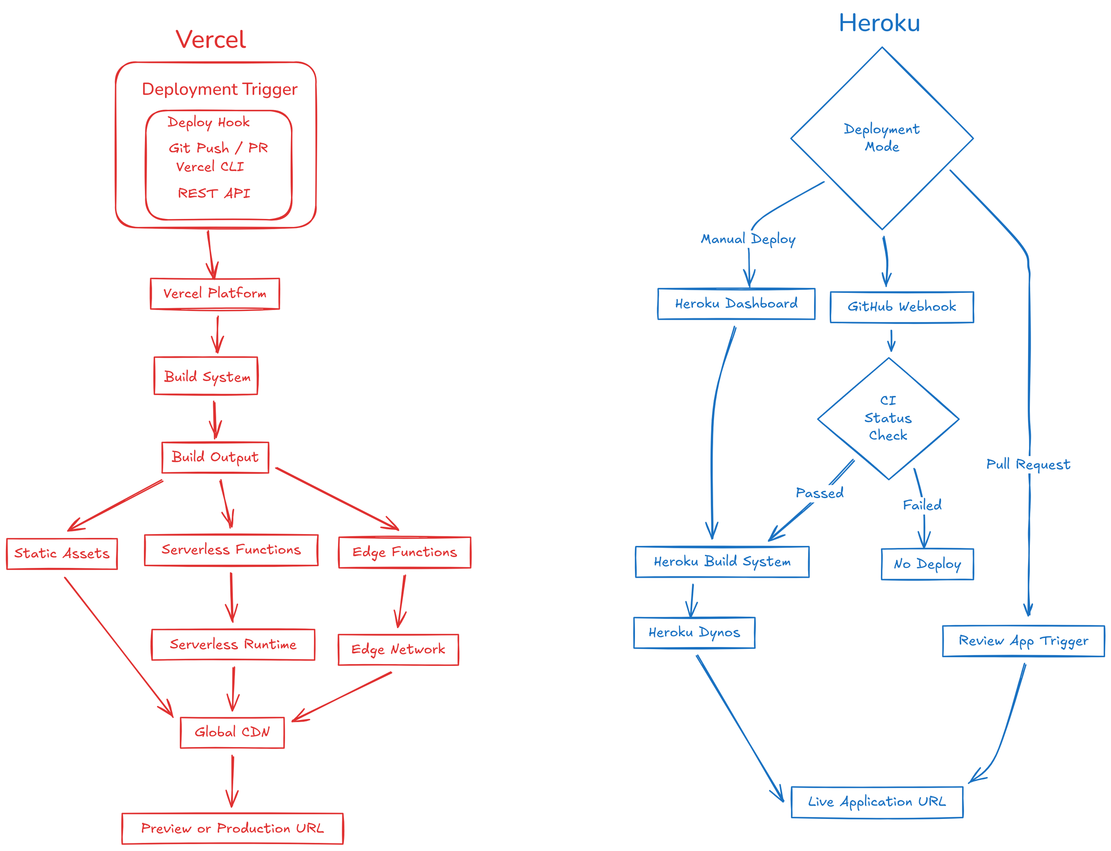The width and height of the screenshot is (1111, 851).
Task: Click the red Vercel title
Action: (x=211, y=39)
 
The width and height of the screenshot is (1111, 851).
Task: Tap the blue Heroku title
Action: (x=879, y=23)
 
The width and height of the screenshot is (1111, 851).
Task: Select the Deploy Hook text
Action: (x=208, y=122)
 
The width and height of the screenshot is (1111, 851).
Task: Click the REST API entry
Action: (x=214, y=193)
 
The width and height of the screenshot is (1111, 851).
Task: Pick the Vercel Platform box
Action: (x=215, y=293)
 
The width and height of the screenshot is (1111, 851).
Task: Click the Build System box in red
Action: (x=206, y=376)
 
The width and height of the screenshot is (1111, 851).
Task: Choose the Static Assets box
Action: (x=62, y=554)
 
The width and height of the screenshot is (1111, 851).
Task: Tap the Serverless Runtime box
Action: (x=233, y=644)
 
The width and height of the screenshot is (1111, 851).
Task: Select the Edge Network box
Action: (x=398, y=650)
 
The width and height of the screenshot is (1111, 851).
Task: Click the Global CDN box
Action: (x=232, y=733)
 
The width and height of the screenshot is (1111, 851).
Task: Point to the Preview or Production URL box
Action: (x=232, y=829)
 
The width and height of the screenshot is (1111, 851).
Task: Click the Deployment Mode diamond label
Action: (x=881, y=138)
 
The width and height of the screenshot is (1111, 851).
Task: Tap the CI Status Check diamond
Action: (x=888, y=418)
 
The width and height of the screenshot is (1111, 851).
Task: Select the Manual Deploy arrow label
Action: (x=748, y=239)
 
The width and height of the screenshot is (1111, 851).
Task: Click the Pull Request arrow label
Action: (x=1028, y=464)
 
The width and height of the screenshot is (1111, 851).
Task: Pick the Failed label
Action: (x=922, y=505)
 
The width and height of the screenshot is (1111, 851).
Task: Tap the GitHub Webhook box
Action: (x=902, y=307)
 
